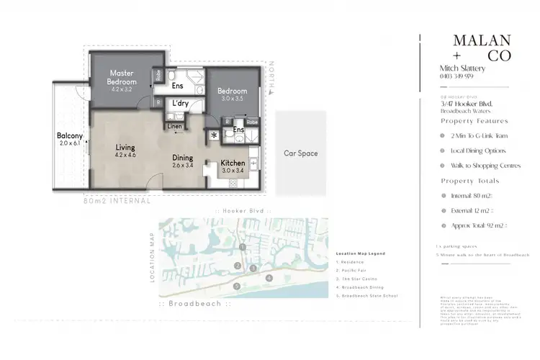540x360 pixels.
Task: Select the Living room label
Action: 125,148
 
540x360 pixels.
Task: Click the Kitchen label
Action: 233,163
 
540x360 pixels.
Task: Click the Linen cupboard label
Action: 175,127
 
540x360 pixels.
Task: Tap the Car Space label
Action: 300,153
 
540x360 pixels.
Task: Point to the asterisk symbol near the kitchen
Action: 214,135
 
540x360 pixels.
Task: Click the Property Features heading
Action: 474,121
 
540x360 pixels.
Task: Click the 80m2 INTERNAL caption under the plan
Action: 117,201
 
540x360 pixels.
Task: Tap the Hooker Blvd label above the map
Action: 242,210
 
